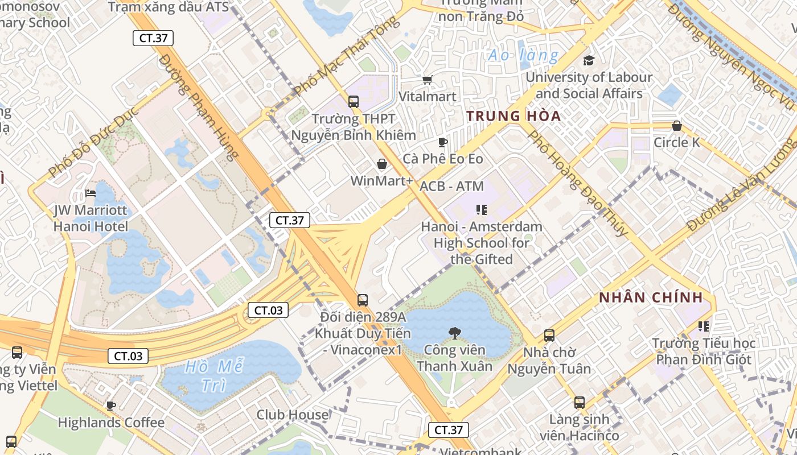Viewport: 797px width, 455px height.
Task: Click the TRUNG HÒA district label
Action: pyautogui.click(x=513, y=116)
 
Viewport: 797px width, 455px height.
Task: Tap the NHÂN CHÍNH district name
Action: pyautogui.click(x=651, y=297)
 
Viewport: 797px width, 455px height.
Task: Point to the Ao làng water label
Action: pyautogui.click(x=523, y=55)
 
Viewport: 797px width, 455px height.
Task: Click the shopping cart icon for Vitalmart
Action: pyautogui.click(x=427, y=80)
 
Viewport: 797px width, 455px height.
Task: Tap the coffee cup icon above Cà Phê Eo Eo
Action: pyautogui.click(x=442, y=142)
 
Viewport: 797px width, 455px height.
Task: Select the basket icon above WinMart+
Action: pyautogui.click(x=381, y=164)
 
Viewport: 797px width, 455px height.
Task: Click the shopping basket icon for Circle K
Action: pyautogui.click(x=676, y=126)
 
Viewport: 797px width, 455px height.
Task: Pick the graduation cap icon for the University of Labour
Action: pyautogui.click(x=589, y=60)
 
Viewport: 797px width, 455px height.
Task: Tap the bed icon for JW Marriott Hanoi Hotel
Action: pyautogui.click(x=91, y=193)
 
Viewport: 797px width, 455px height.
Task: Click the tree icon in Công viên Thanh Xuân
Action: pyautogui.click(x=454, y=333)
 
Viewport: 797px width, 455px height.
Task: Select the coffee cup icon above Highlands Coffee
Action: pyautogui.click(x=111, y=406)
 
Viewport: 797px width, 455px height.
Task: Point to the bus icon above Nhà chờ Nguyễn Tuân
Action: pyautogui.click(x=549, y=336)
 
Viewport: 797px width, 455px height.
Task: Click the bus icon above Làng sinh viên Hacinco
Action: pyautogui.click(x=579, y=403)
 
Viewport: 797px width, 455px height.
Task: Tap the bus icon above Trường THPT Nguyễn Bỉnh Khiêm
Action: pyautogui.click(x=354, y=102)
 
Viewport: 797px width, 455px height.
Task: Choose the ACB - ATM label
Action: pyautogui.click(x=451, y=186)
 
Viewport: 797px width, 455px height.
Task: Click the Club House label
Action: pyautogui.click(x=293, y=415)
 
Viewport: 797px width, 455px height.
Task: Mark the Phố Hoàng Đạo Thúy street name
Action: pyautogui.click(x=577, y=183)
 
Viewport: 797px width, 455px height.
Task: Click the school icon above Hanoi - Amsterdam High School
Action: pyautogui.click(x=482, y=210)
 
